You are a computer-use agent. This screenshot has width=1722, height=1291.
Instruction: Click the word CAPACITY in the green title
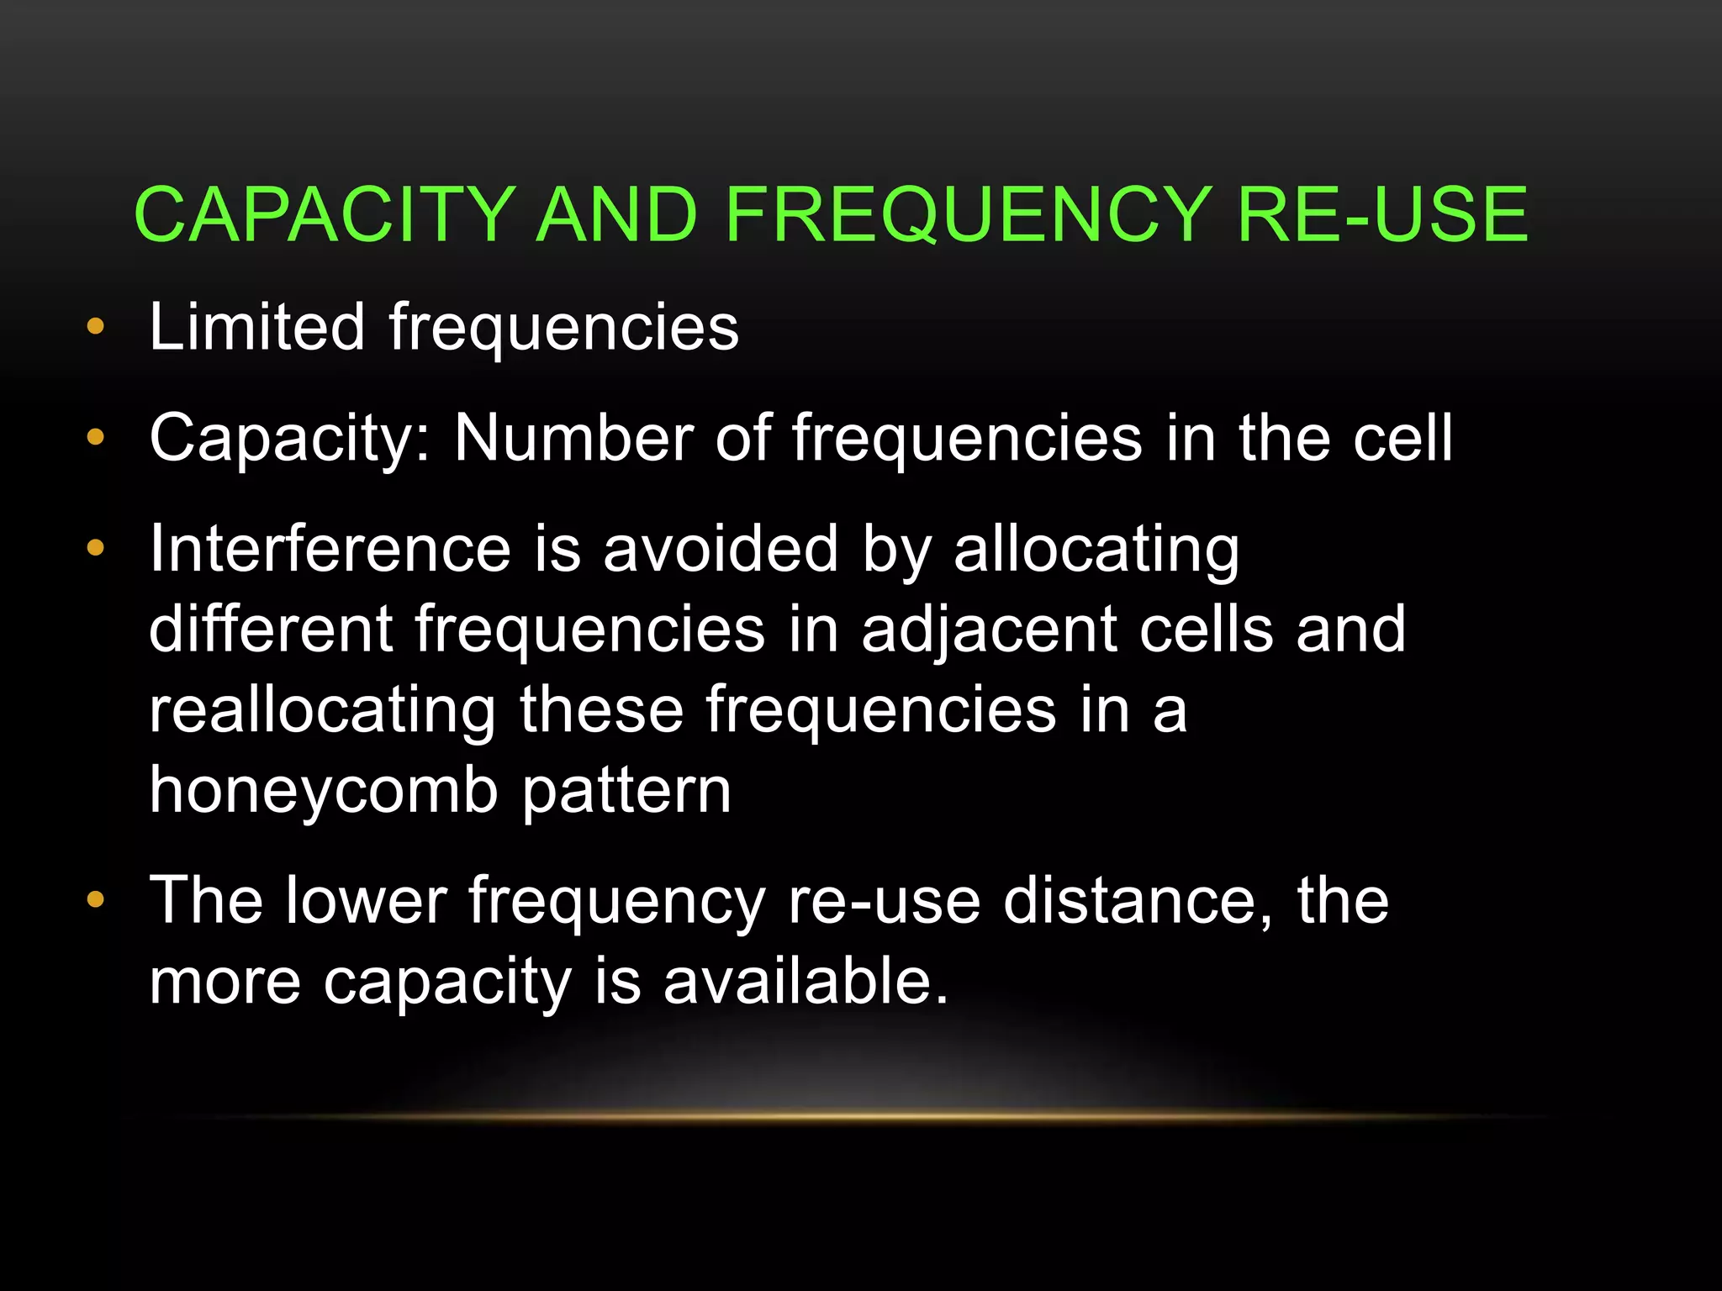click(325, 215)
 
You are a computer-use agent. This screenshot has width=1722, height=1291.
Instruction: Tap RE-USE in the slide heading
click(1382, 215)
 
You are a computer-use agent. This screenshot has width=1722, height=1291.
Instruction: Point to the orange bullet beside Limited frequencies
click(96, 326)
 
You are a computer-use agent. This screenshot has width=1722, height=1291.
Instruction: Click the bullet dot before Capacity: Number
click(96, 437)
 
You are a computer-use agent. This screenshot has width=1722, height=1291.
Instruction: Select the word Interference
click(330, 549)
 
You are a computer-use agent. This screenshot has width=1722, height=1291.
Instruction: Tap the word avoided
click(721, 549)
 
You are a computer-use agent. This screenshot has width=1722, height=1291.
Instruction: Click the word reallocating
click(323, 711)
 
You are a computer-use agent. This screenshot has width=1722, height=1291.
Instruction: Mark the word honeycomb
click(325, 792)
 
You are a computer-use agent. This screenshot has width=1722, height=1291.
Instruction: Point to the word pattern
click(626, 792)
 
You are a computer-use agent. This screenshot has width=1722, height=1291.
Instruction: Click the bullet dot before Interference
click(96, 549)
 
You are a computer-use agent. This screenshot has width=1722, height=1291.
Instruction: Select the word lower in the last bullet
click(367, 900)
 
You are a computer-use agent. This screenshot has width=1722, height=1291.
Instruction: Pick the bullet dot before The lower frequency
click(96, 900)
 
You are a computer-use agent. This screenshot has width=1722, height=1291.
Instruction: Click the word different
click(271, 629)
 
